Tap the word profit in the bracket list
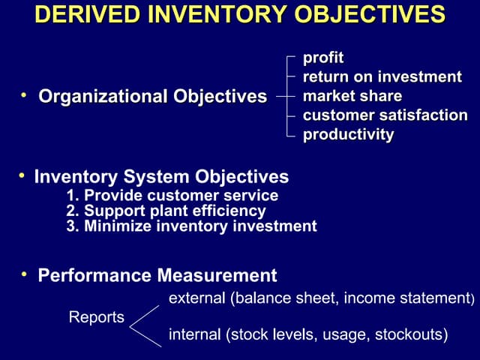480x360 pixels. click(x=322, y=58)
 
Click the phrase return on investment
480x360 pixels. click(x=382, y=77)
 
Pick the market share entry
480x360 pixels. click(x=352, y=97)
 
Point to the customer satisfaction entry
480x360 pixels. click(x=385, y=115)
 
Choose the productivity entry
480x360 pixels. click(x=348, y=135)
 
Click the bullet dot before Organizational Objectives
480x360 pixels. click(x=24, y=95)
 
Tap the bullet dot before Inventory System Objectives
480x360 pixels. click(x=22, y=175)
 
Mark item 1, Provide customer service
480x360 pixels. click(x=172, y=196)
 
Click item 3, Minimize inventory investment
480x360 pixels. click(x=191, y=226)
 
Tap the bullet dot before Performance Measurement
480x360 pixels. click(x=24, y=274)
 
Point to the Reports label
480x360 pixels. click(x=97, y=317)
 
